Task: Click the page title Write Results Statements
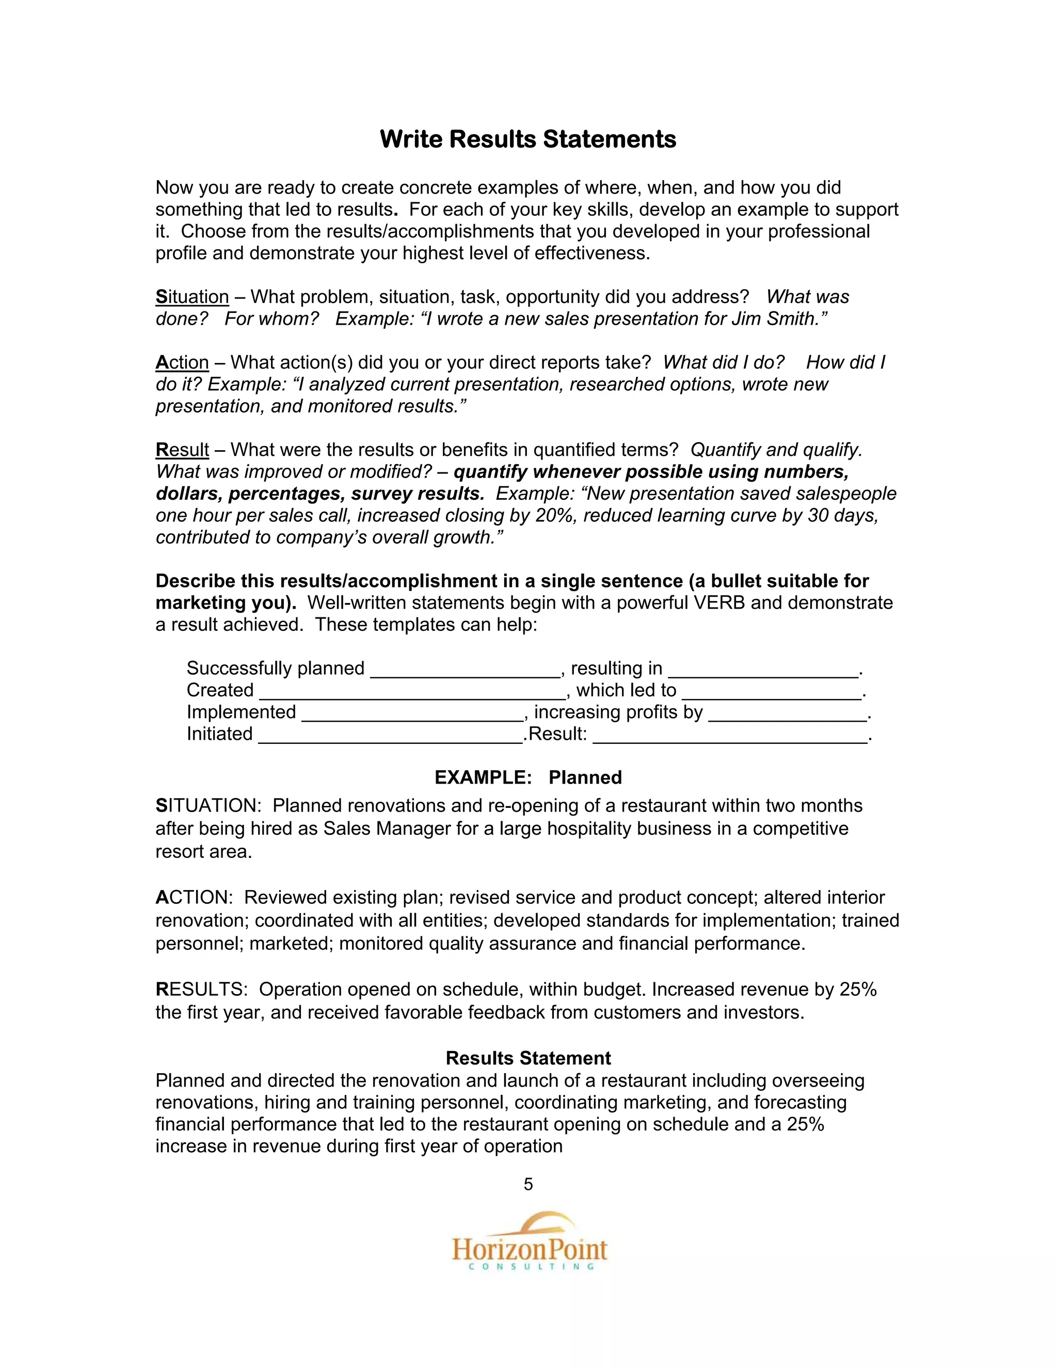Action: pyautogui.click(x=528, y=139)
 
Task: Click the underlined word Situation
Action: pyautogui.click(x=192, y=297)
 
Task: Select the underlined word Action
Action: pyautogui.click(x=182, y=363)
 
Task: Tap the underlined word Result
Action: pyautogui.click(x=182, y=450)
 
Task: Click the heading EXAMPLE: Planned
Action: pyautogui.click(x=528, y=777)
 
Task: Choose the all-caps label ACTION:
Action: pyautogui.click(x=194, y=898)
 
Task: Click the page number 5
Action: pyautogui.click(x=528, y=1184)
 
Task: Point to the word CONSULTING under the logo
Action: pyautogui.click(x=531, y=1267)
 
